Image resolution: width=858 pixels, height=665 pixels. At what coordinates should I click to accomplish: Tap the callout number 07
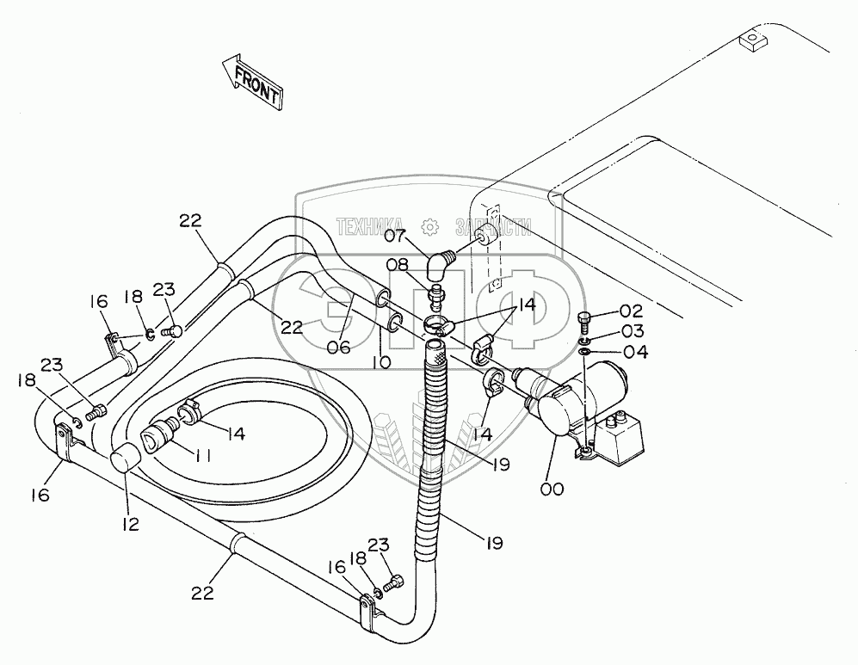click(x=396, y=235)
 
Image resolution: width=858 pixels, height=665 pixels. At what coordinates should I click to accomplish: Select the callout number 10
click(x=381, y=362)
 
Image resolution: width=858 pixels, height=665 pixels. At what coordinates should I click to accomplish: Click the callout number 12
click(x=131, y=522)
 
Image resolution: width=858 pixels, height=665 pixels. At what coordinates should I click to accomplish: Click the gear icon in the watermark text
click(x=431, y=226)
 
